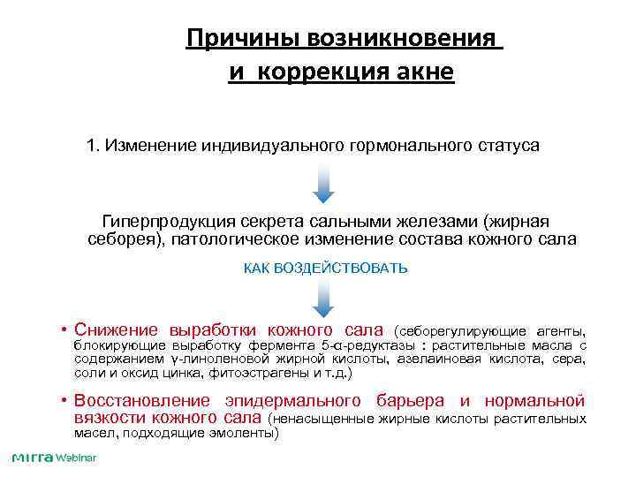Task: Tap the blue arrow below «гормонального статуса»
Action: (323, 184)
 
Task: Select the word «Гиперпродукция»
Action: (165, 221)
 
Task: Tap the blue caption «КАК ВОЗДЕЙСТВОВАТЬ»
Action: (325, 268)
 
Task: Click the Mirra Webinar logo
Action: (53, 458)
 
